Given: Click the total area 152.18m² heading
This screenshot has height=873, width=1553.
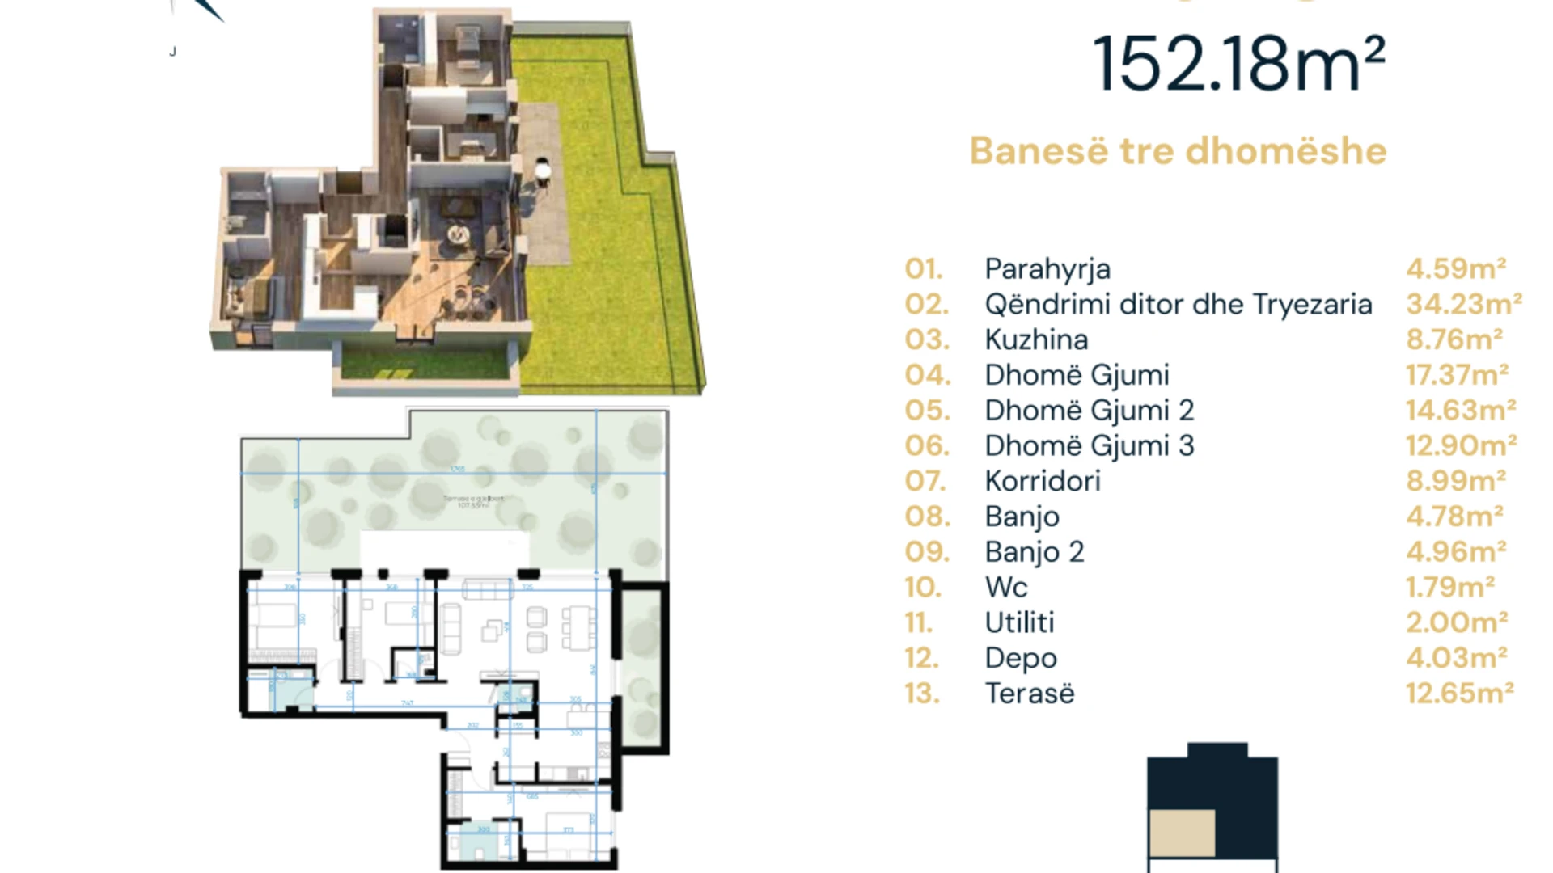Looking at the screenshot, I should tap(1238, 65).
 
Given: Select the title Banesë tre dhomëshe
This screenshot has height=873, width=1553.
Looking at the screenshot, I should tap(1178, 151).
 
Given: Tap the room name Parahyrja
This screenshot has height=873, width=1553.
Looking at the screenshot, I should tap(1047, 269).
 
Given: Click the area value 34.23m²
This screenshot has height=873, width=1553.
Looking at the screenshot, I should tap(1463, 304).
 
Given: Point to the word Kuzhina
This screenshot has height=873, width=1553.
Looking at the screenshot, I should tap(1036, 339).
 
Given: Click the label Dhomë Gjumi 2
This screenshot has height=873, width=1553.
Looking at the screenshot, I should tap(1089, 411).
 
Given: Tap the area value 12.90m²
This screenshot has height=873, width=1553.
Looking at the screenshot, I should tap(1461, 445).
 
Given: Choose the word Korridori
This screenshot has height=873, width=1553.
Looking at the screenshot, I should tap(1043, 481).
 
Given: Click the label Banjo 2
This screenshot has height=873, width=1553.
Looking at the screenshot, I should tap(1034, 552).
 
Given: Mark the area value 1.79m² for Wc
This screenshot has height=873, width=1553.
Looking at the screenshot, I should tap(1450, 587).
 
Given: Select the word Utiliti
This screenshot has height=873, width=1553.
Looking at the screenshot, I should tap(1019, 622).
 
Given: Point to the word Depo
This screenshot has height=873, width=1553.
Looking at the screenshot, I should tap(1021, 658).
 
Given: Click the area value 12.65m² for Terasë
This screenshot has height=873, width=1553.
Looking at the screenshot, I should tap(1459, 693).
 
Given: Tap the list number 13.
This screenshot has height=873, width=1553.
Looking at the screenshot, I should tap(922, 694).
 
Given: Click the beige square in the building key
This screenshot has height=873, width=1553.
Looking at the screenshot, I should tap(1182, 833).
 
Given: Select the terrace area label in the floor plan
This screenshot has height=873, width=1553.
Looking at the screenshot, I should tap(473, 502).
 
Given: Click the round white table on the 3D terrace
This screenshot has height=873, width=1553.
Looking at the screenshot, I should tap(542, 171).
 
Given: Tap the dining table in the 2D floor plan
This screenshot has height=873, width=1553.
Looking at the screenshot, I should tap(579, 628).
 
